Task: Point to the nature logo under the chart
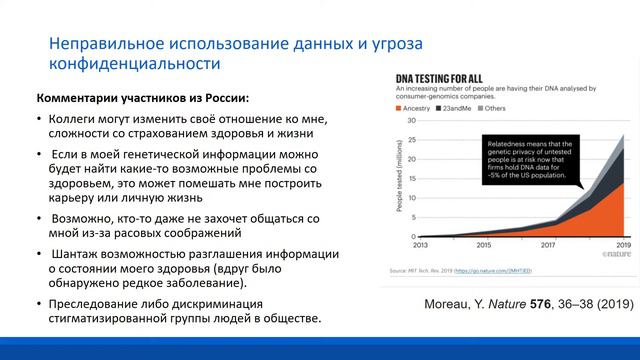pyautogui.click(x=611, y=256)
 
